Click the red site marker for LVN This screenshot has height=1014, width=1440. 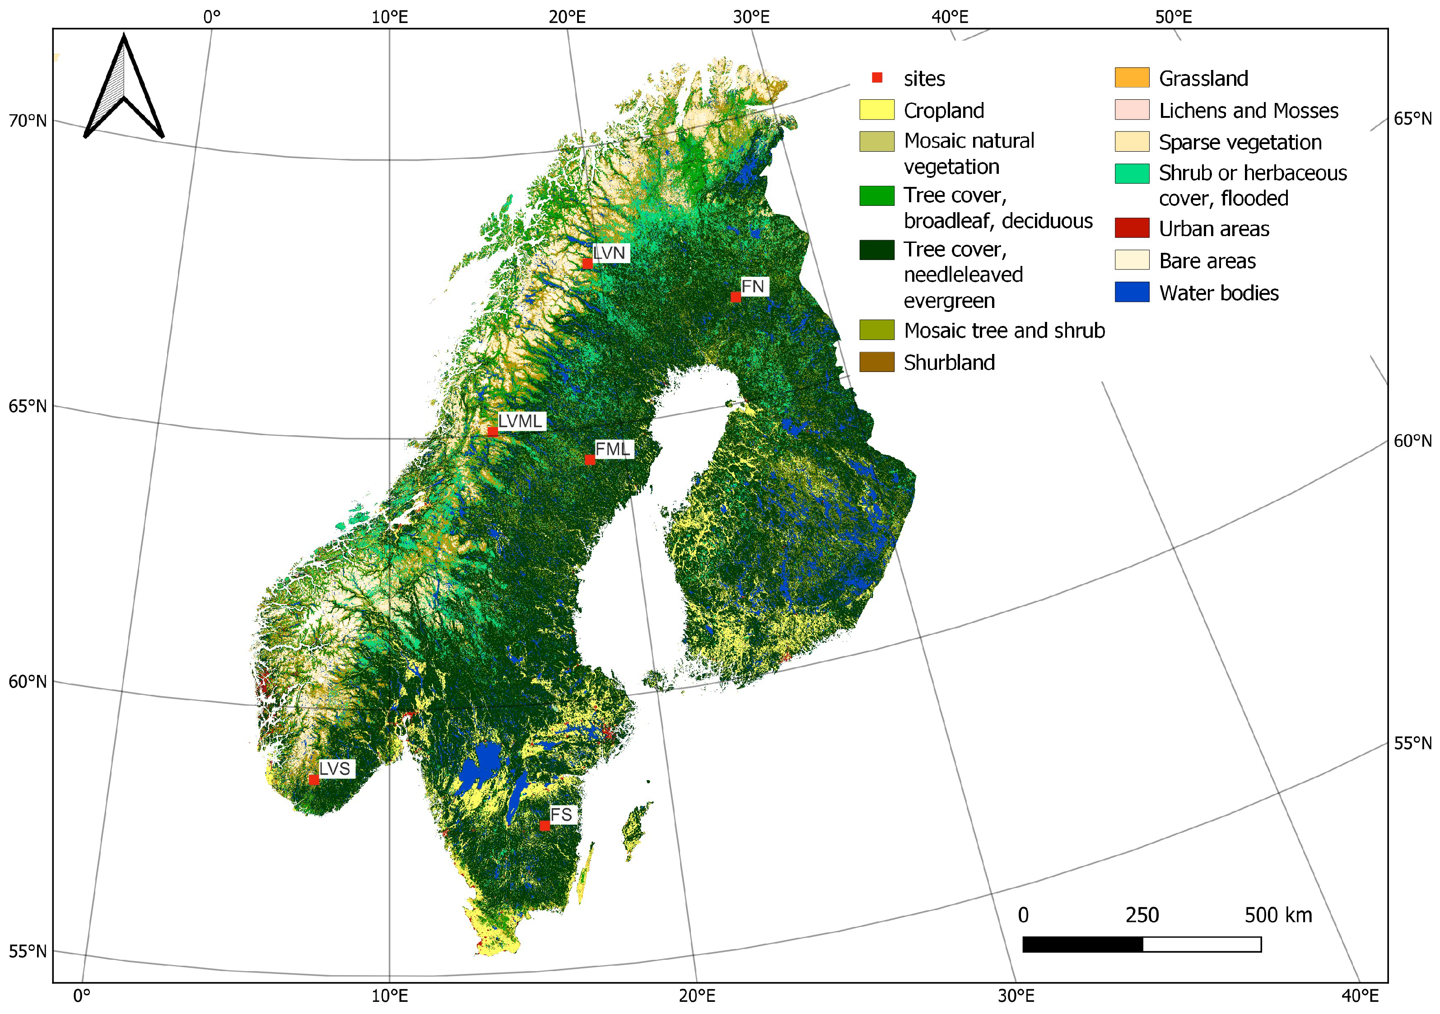pyautogui.click(x=587, y=263)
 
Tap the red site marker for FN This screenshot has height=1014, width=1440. pyautogui.click(x=736, y=297)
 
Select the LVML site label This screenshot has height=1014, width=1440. pyautogui.click(x=520, y=421)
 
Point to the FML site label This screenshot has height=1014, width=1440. pyautogui.click(x=612, y=449)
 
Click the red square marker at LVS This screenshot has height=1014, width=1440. pyautogui.click(x=313, y=780)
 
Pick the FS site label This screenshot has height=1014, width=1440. pyautogui.click(x=561, y=814)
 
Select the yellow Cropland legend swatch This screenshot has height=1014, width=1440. pyautogui.click(x=876, y=110)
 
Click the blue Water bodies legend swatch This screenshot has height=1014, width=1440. pyautogui.click(x=1132, y=292)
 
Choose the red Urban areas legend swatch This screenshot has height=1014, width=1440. pyautogui.click(x=1132, y=228)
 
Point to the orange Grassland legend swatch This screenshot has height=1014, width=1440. pyautogui.click(x=1132, y=78)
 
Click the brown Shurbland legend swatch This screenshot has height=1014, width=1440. pyautogui.click(x=876, y=362)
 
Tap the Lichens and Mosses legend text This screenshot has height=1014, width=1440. pyautogui.click(x=1248, y=110)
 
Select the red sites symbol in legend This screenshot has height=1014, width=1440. pyautogui.click(x=877, y=78)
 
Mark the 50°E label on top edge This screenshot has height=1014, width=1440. pyautogui.click(x=1173, y=17)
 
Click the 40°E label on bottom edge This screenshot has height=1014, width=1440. pyautogui.click(x=1360, y=996)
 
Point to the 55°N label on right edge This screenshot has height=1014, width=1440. pyautogui.click(x=1412, y=743)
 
